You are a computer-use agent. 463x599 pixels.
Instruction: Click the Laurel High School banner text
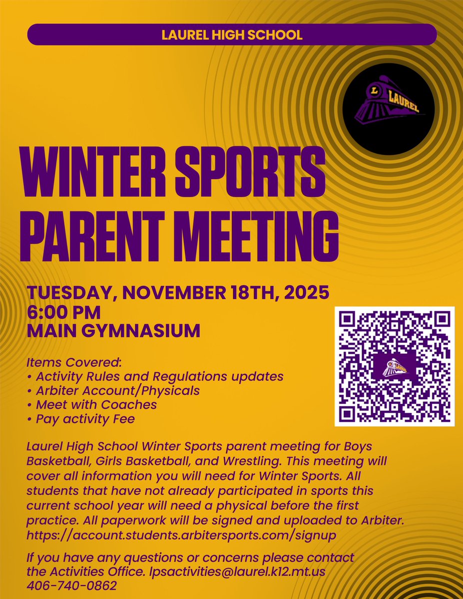[x=232, y=35]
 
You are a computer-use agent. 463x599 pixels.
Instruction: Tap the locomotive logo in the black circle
[x=388, y=106]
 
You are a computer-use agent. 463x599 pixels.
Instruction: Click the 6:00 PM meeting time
[x=63, y=312]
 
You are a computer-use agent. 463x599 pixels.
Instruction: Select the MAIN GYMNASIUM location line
[x=113, y=330]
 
